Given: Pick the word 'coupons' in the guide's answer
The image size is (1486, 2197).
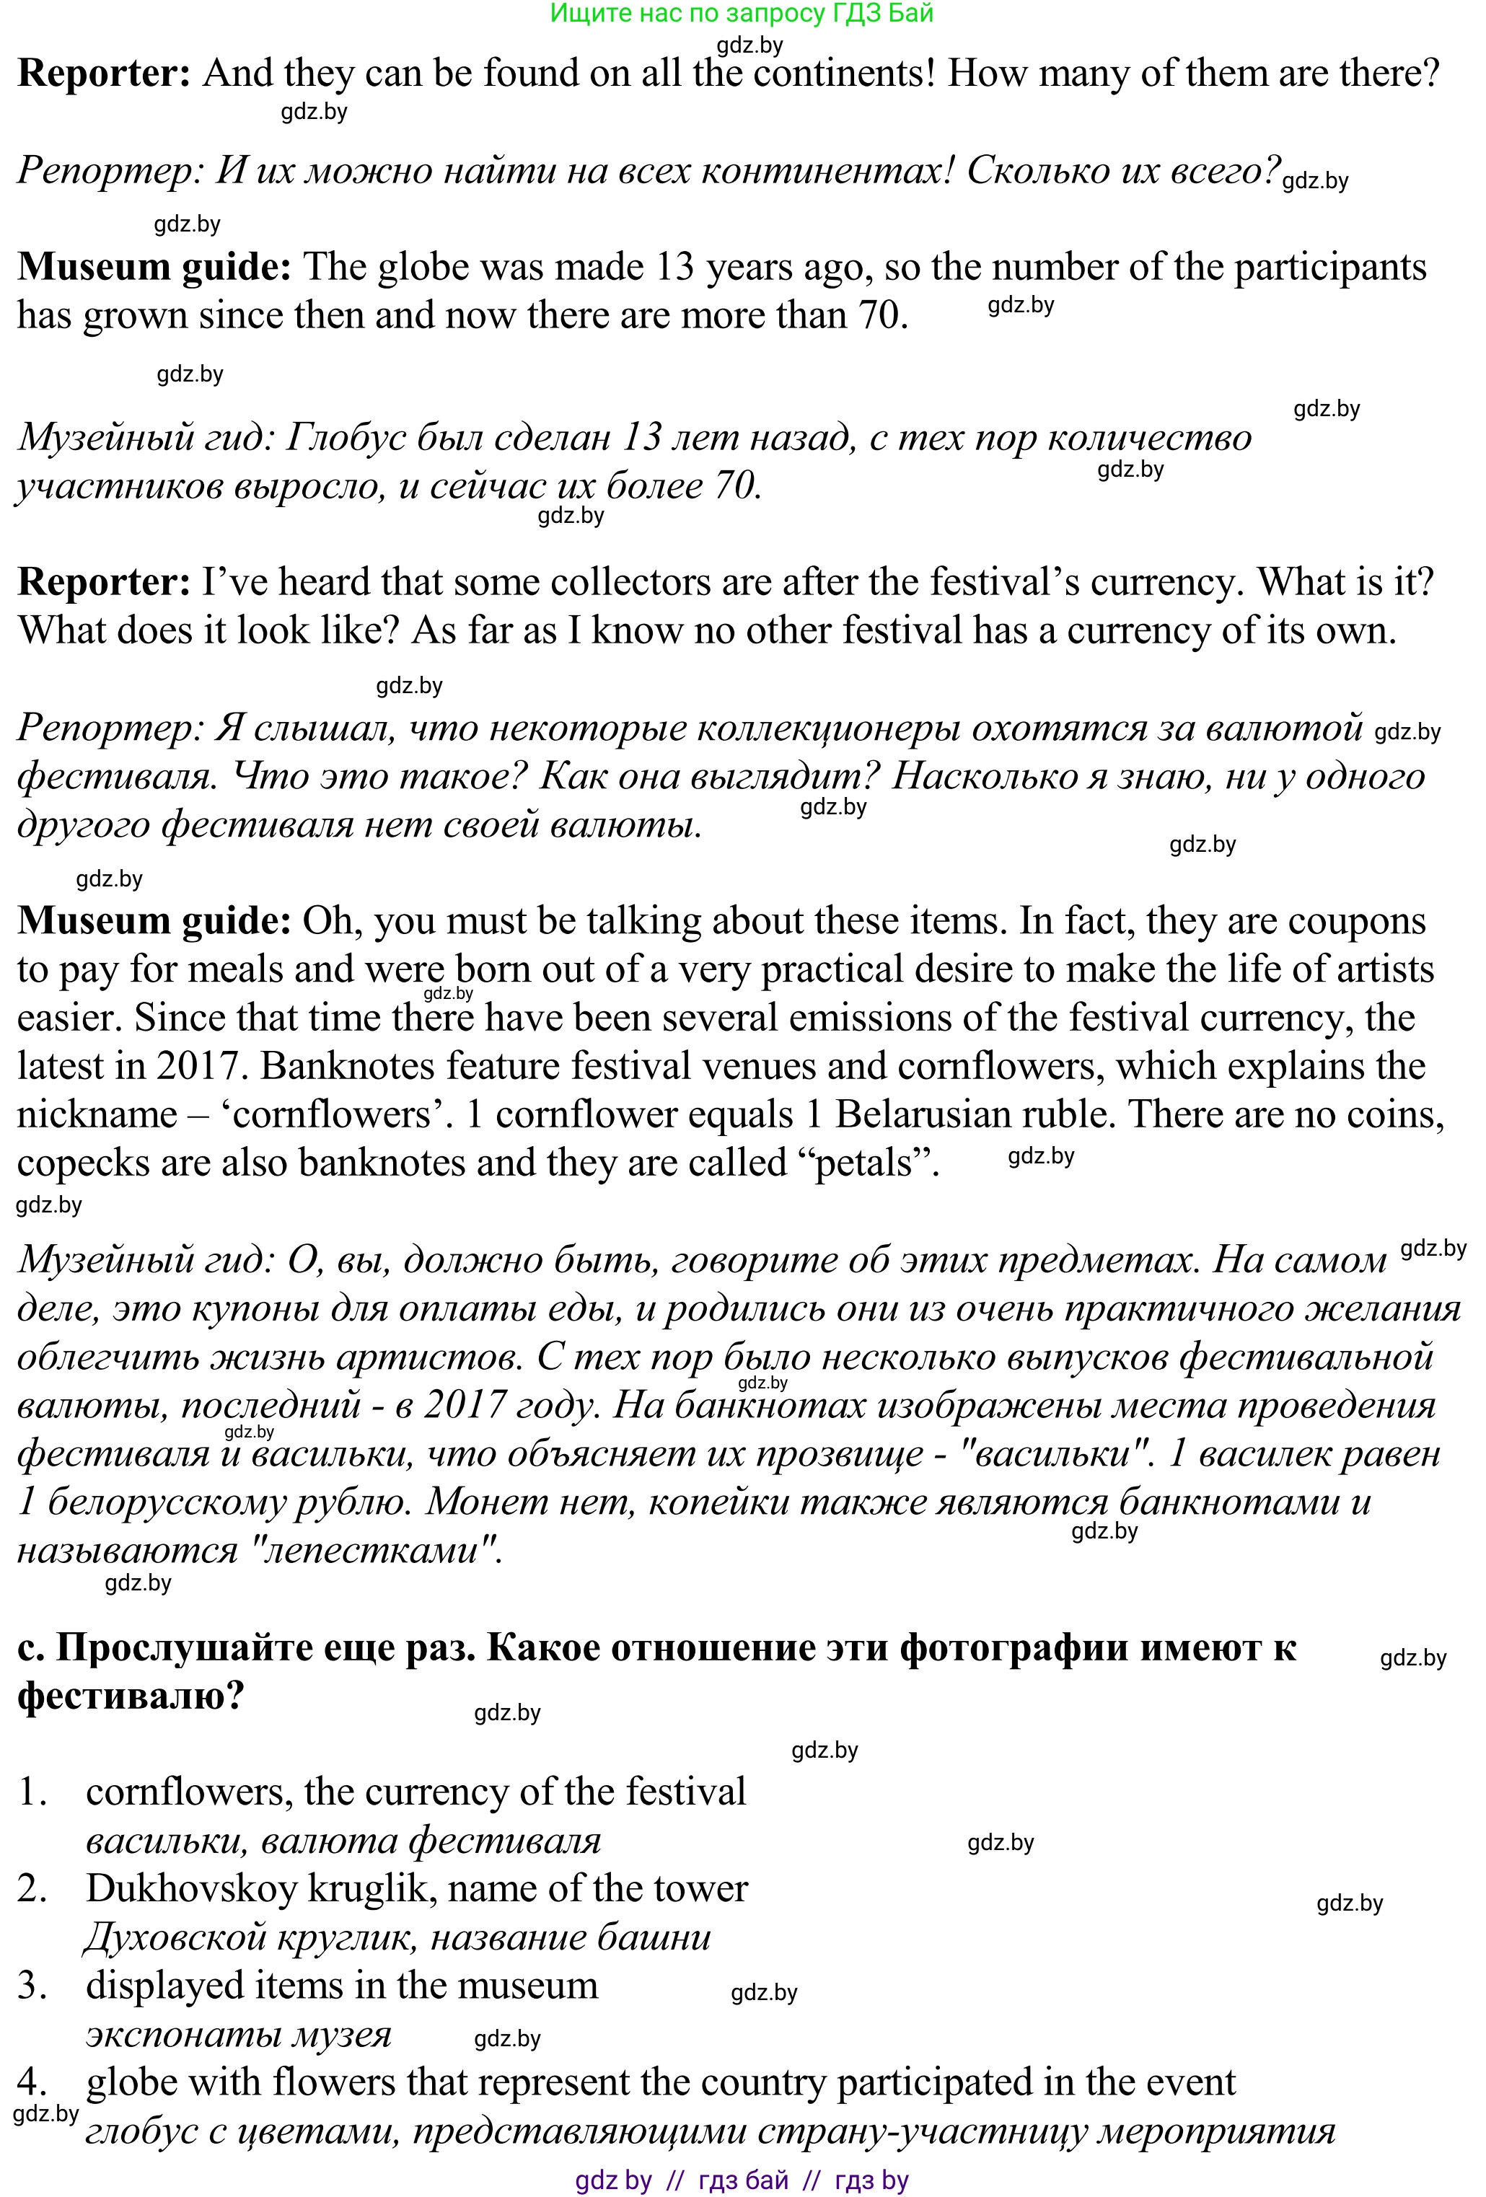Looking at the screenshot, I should [x=1356, y=921].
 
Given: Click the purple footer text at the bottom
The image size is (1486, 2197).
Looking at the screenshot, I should [x=741, y=2180].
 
